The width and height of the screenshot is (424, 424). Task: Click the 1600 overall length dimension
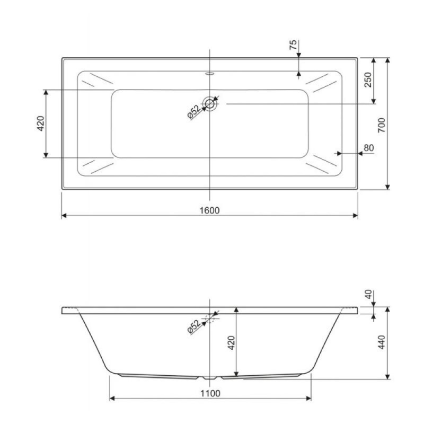pos(209,210)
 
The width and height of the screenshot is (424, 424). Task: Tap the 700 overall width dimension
pos(382,125)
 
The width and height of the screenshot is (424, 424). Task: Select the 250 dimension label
pos(368,79)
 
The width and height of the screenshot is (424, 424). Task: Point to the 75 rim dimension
pos(293,45)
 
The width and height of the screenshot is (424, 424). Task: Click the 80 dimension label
pos(369,148)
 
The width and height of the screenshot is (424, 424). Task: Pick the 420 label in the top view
pos(41,123)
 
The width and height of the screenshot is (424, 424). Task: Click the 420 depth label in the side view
pos(232,342)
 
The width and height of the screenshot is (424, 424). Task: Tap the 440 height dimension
pos(382,342)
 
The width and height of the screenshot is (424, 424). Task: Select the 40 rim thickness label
pos(368,295)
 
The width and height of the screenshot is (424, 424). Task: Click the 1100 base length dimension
pos(210,393)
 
